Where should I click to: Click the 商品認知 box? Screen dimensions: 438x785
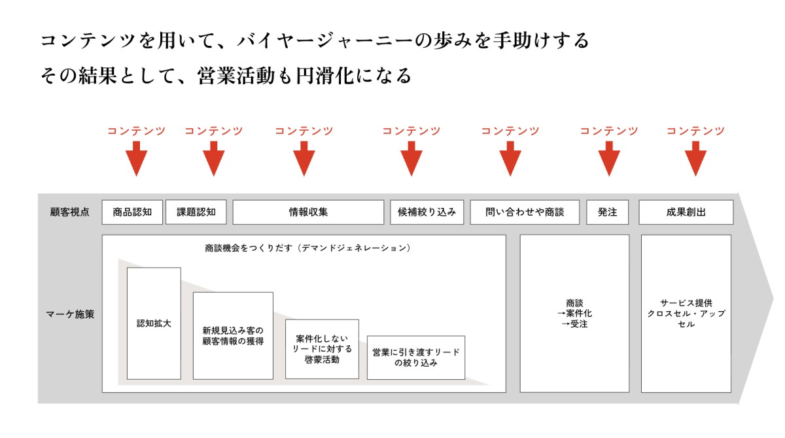click(x=132, y=212)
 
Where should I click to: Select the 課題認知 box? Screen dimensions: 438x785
click(x=196, y=212)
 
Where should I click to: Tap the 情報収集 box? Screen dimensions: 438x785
click(x=308, y=212)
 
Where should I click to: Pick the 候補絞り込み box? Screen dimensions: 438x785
click(x=427, y=212)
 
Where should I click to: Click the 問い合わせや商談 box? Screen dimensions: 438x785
click(x=524, y=212)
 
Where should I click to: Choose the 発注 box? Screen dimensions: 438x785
click(x=607, y=212)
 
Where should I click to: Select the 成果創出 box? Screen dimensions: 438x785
click(x=686, y=212)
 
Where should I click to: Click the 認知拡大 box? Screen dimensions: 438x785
click(x=154, y=324)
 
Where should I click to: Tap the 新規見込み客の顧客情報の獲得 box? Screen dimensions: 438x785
click(x=233, y=335)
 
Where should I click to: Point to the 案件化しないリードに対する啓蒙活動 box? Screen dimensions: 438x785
click(x=322, y=349)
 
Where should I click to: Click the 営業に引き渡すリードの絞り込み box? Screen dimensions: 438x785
click(x=415, y=357)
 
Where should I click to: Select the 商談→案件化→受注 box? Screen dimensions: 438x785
click(x=574, y=314)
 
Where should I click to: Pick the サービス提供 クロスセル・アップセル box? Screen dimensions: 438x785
click(x=686, y=314)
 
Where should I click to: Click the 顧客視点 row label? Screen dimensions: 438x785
click(x=70, y=212)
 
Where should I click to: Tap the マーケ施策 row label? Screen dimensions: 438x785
click(x=70, y=314)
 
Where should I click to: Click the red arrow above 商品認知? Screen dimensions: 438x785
click(x=136, y=159)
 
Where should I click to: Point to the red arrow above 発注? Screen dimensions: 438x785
click(x=608, y=159)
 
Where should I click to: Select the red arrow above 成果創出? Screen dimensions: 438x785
click(x=695, y=159)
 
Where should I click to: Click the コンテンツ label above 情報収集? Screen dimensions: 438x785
click(x=304, y=131)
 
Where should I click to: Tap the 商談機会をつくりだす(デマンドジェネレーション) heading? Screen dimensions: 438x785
click(x=307, y=248)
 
